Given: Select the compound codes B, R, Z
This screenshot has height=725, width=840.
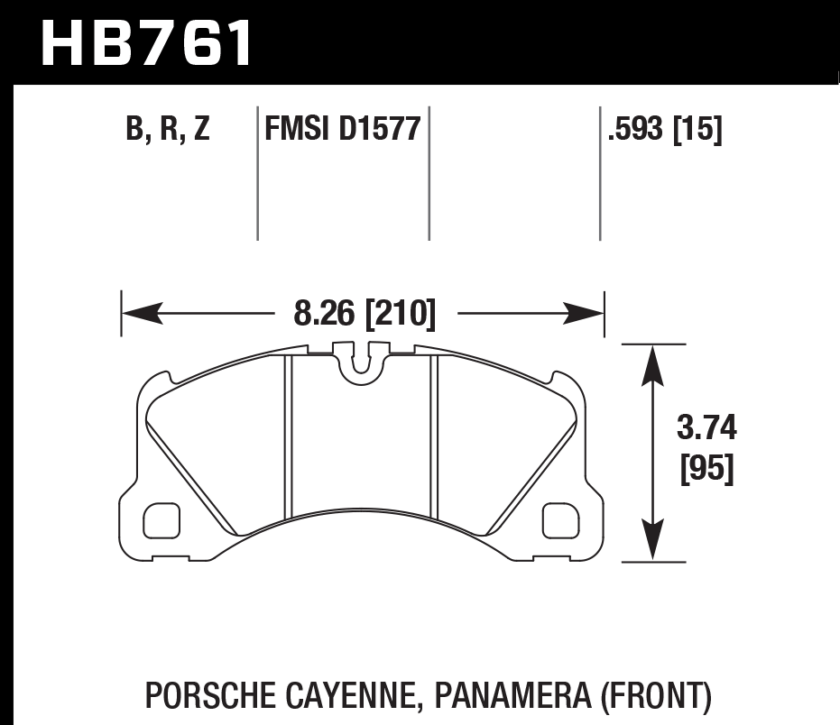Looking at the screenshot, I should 168,130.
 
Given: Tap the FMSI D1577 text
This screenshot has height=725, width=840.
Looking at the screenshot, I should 343,130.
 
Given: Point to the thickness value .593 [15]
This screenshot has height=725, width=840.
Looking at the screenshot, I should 665,130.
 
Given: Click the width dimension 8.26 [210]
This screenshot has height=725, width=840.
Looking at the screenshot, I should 365,315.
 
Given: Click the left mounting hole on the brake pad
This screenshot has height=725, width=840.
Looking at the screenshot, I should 162,520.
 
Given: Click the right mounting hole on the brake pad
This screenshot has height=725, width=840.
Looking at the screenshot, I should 560,520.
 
